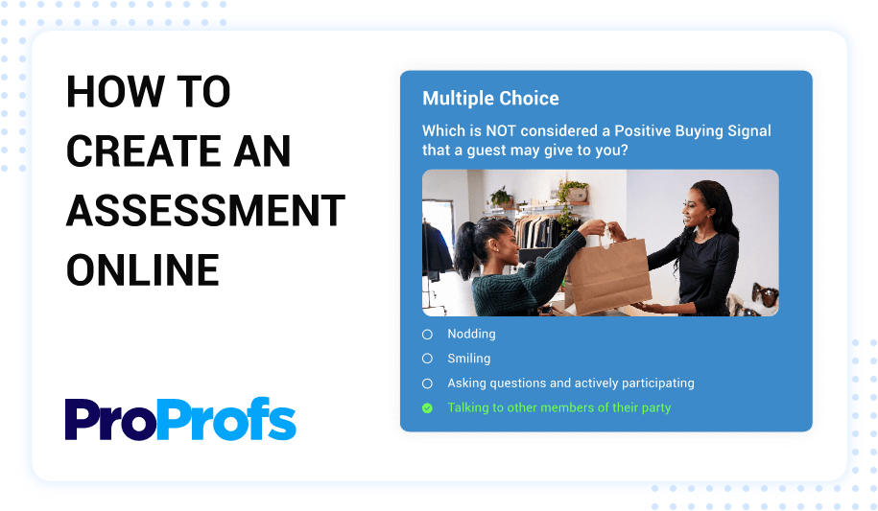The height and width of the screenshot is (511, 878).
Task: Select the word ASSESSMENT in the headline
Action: (x=205, y=210)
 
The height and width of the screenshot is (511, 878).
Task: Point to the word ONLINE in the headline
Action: (x=143, y=269)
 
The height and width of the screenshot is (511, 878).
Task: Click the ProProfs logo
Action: (x=180, y=420)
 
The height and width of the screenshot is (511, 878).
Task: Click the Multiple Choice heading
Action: (x=490, y=99)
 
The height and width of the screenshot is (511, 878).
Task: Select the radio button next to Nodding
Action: (x=427, y=335)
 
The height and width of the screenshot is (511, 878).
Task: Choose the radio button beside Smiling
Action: (x=427, y=359)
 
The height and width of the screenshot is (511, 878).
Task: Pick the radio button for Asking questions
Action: (x=427, y=383)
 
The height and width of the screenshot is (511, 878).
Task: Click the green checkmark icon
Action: (x=427, y=407)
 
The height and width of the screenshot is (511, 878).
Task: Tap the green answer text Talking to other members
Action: (x=558, y=407)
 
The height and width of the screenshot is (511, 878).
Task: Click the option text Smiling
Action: (x=468, y=359)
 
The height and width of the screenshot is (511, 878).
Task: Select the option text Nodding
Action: (x=471, y=335)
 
